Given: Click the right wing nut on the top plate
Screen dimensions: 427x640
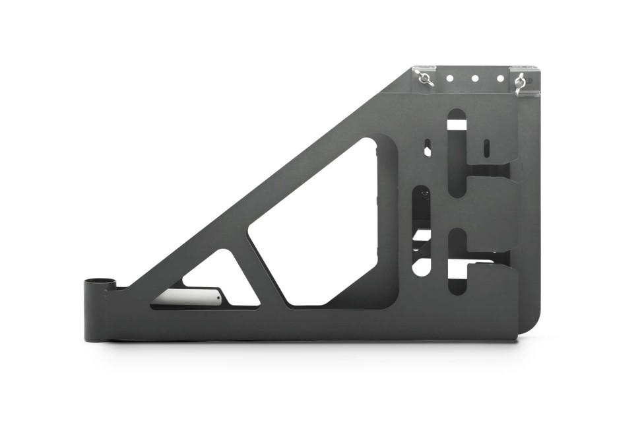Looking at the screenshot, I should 520,81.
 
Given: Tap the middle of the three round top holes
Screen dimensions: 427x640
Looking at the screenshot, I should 474,78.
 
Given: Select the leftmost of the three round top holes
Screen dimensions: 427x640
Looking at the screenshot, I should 449,78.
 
